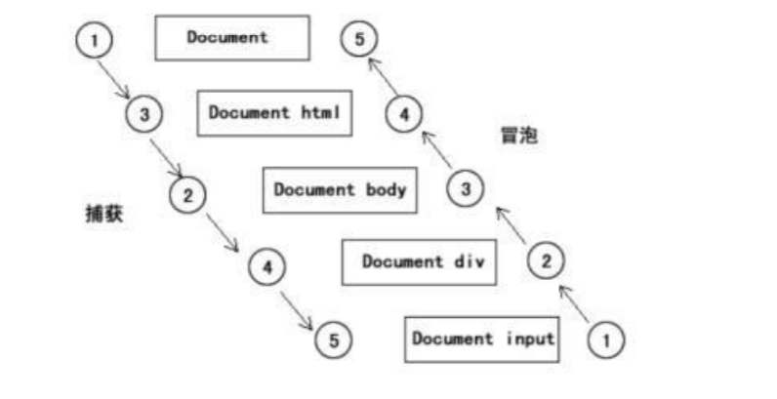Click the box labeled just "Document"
click(232, 38)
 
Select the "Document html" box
click(275, 113)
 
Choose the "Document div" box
click(418, 261)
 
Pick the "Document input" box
click(482, 339)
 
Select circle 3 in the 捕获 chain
click(144, 115)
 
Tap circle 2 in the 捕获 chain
click(188, 193)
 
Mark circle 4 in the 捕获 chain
click(267, 264)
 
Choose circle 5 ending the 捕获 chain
click(333, 340)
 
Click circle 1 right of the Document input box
click(606, 339)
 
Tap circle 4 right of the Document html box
click(403, 114)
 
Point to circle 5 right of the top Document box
click(358, 40)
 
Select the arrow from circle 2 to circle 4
click(224, 232)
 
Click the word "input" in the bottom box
click(528, 339)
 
